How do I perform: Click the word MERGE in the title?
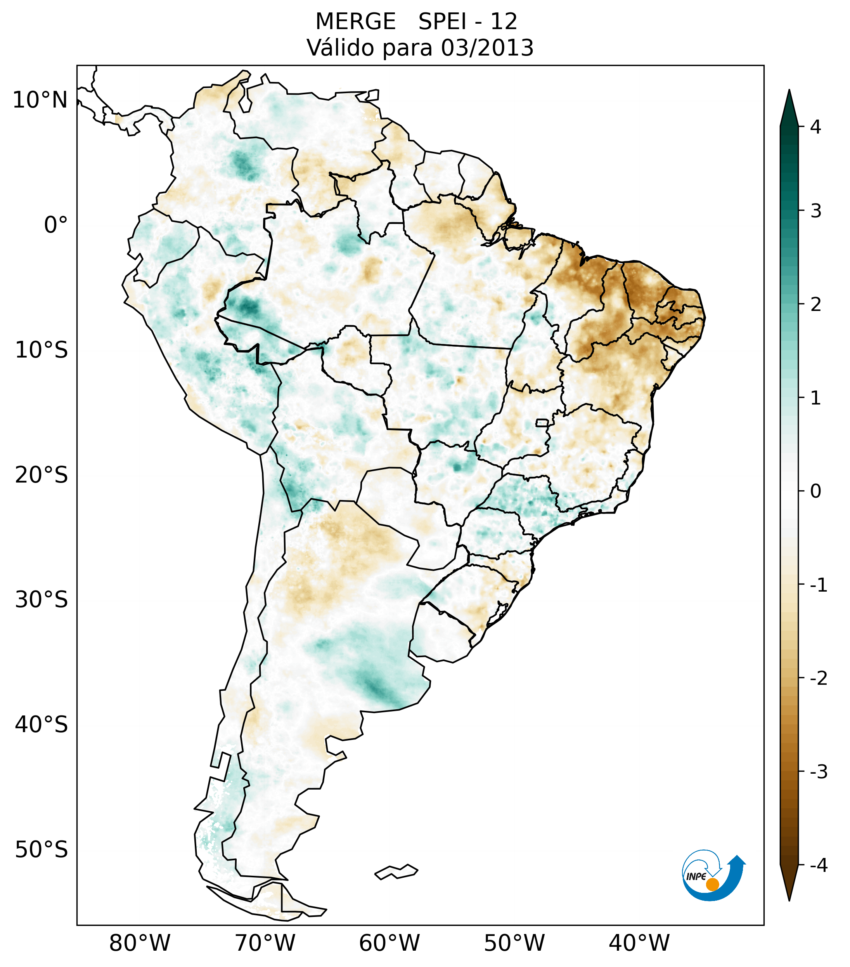coord(355,22)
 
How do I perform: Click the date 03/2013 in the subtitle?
coord(487,48)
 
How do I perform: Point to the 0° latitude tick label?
coord(56,225)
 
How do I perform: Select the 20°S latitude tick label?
coord(42,475)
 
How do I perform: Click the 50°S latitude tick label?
coord(42,850)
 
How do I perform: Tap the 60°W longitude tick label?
coord(389,943)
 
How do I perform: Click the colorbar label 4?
coord(815,127)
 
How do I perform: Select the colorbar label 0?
coord(815,491)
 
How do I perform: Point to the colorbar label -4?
coord(818,866)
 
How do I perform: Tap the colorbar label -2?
coord(818,679)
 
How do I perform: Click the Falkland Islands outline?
coord(396,872)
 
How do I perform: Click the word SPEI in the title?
coord(439,22)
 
